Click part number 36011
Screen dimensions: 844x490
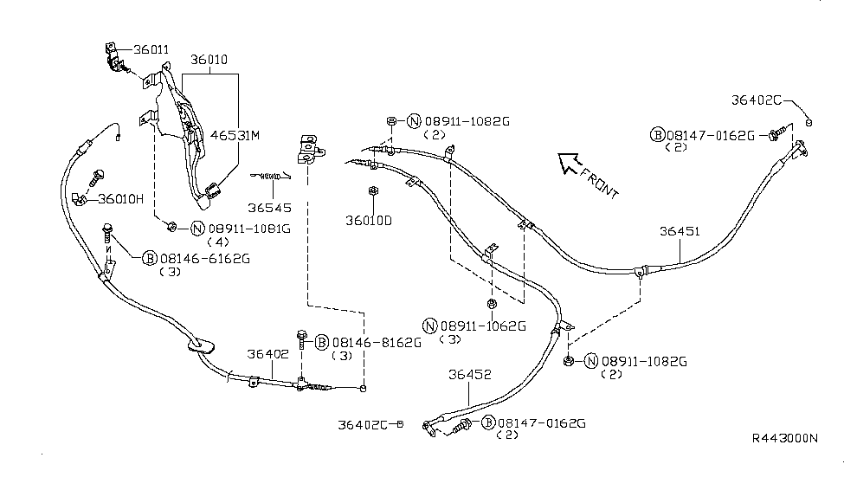click(x=151, y=49)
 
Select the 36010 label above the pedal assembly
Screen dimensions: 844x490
click(x=209, y=59)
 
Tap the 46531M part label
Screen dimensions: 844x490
click(x=235, y=135)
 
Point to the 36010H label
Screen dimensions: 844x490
click(x=120, y=199)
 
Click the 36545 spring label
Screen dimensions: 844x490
click(x=270, y=208)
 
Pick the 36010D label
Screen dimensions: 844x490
click(x=369, y=220)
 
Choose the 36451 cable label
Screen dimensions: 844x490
click(x=680, y=231)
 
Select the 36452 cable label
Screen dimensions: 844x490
click(x=470, y=374)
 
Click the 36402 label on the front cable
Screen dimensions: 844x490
click(x=268, y=354)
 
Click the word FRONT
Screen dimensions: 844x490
click(x=600, y=183)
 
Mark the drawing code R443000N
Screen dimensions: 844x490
click(x=785, y=438)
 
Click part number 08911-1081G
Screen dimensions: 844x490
click(x=249, y=229)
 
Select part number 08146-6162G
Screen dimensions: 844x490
click(x=205, y=259)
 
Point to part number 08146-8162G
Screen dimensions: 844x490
click(x=377, y=343)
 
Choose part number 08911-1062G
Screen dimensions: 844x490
click(x=483, y=326)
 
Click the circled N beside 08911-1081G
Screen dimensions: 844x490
click(x=198, y=229)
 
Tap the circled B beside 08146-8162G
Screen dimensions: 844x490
click(x=322, y=343)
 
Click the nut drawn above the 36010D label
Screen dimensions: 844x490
click(x=372, y=190)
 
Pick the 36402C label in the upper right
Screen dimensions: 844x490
click(x=756, y=100)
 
